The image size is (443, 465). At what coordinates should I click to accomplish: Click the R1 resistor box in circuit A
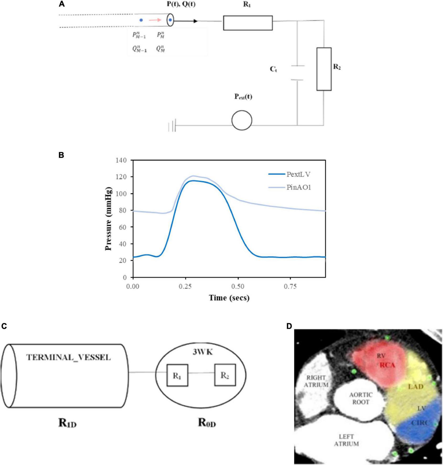[x=248, y=23]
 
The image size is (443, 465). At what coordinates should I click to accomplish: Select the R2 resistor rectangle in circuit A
[x=324, y=69]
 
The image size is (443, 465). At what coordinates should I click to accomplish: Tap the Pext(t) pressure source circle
[x=242, y=120]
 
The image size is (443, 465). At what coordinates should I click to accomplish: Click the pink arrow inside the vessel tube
[x=155, y=20]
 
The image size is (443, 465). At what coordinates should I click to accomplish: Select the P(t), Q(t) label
[x=181, y=4]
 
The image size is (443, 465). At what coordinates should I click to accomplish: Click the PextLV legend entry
[x=298, y=174]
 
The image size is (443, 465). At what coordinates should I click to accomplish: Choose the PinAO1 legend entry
[x=298, y=187]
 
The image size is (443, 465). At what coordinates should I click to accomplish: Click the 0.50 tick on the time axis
[x=238, y=286]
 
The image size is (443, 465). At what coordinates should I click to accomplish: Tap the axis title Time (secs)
[x=229, y=298]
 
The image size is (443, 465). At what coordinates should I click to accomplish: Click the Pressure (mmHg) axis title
[x=108, y=219]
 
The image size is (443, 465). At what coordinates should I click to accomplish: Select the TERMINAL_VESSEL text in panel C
[x=68, y=357]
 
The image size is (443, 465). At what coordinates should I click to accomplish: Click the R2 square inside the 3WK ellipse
[x=225, y=375]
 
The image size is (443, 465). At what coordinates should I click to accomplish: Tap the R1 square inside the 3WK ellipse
[x=177, y=375]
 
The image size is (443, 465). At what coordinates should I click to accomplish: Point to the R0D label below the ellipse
[x=206, y=423]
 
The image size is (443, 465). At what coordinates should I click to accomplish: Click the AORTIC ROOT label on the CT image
[x=361, y=398]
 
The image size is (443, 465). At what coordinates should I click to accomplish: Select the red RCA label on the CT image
[x=387, y=364]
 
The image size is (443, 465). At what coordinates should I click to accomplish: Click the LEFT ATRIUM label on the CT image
[x=346, y=440]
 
